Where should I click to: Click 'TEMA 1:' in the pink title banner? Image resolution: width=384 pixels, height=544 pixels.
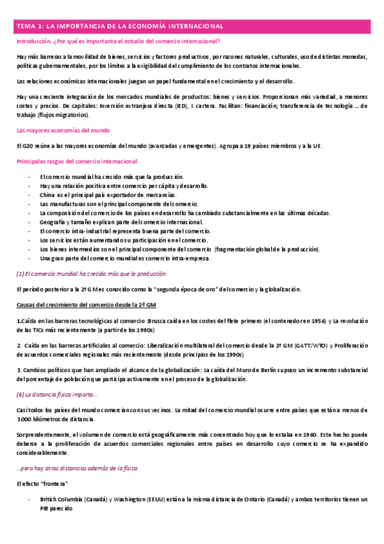pos(30,26)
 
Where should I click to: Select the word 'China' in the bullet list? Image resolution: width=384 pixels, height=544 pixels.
pos(48,194)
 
